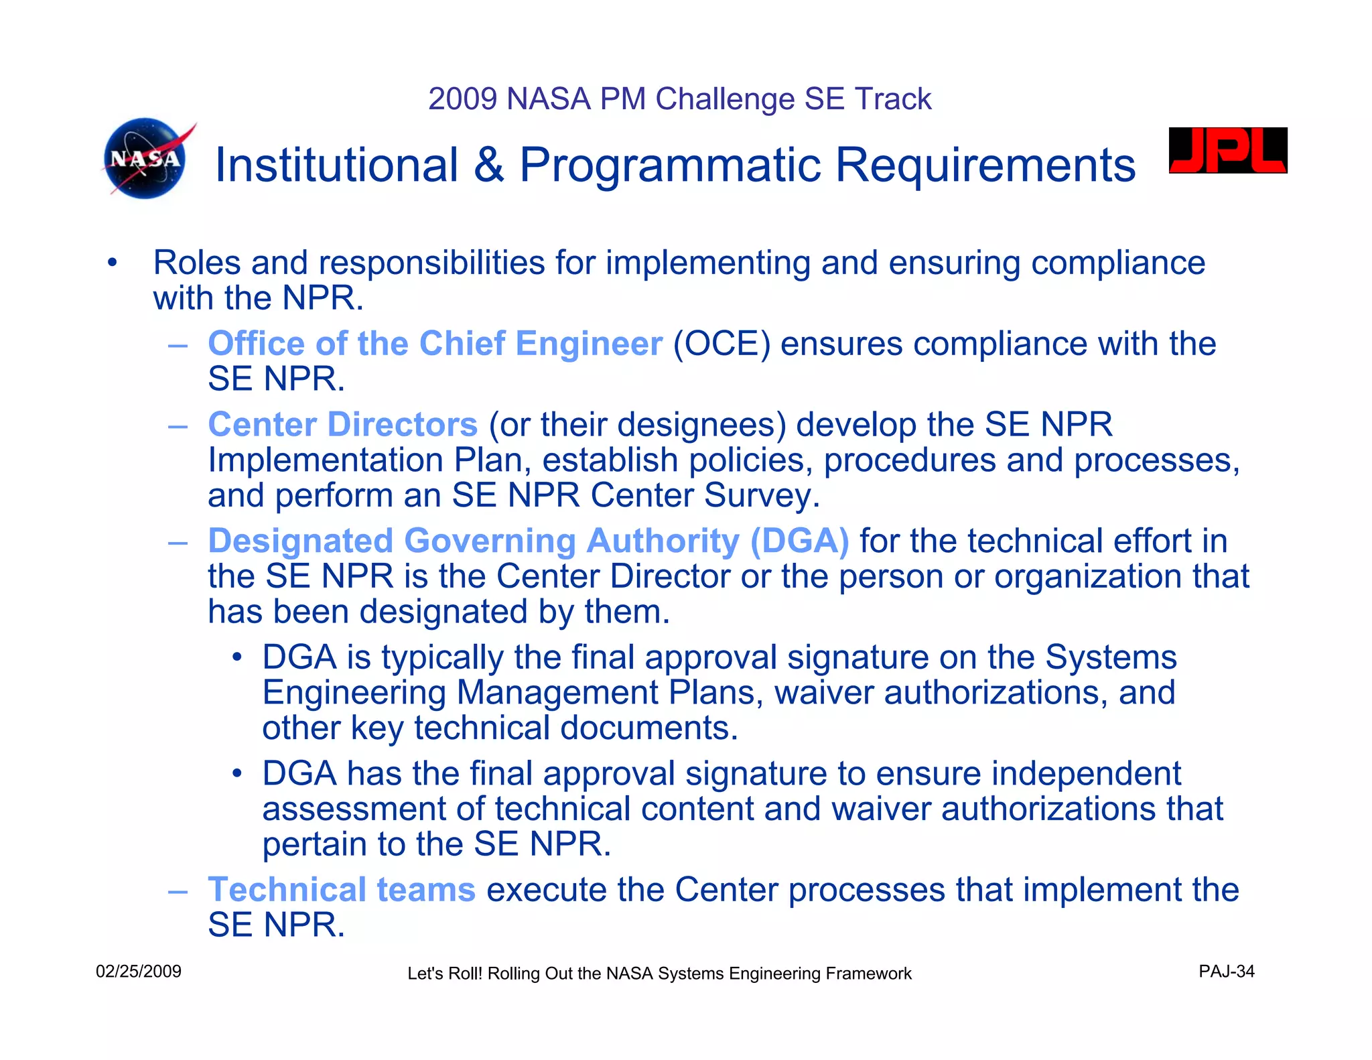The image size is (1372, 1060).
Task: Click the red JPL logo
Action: (1227, 151)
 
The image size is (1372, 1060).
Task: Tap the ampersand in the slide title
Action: (489, 165)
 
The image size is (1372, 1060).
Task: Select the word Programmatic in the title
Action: (669, 166)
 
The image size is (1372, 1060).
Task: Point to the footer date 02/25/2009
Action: (139, 972)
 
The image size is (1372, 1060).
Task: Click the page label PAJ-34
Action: (1226, 972)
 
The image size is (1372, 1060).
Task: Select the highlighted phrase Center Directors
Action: (342, 425)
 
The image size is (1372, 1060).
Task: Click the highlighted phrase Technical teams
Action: (342, 890)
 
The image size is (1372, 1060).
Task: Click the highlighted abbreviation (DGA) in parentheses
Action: (799, 541)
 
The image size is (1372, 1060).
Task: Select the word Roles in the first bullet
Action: (196, 263)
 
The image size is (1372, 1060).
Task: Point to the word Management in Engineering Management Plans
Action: (557, 693)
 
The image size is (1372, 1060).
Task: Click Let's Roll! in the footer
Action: (445, 974)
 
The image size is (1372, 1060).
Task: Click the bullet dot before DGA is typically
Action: (236, 657)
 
